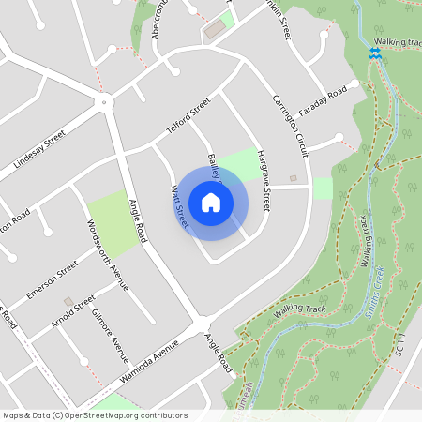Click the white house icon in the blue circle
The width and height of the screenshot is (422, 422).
[x=211, y=202]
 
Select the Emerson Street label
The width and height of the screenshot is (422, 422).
[x=52, y=279]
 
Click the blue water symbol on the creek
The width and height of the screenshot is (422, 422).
[x=374, y=54]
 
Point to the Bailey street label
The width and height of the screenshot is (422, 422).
[x=215, y=166]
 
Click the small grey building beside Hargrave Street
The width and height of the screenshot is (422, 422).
[x=293, y=177]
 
